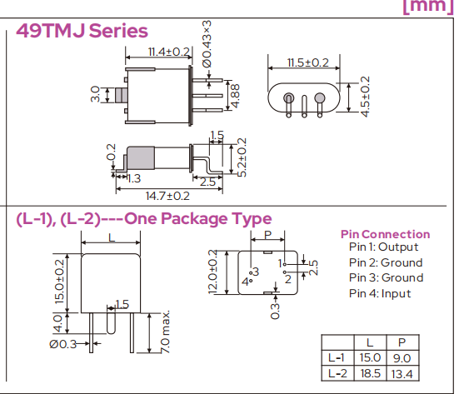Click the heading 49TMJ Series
tap(82, 32)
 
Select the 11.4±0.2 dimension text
tap(169, 52)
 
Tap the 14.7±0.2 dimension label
tap(167, 196)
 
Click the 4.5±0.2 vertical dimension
tap(365, 97)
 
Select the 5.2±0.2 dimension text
tap(241, 157)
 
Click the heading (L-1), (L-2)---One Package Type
tap(143, 219)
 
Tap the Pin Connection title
tap(385, 234)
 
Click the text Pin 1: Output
tap(383, 247)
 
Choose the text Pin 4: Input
tap(379, 293)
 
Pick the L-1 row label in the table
tap(337, 357)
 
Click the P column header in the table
tap(402, 342)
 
